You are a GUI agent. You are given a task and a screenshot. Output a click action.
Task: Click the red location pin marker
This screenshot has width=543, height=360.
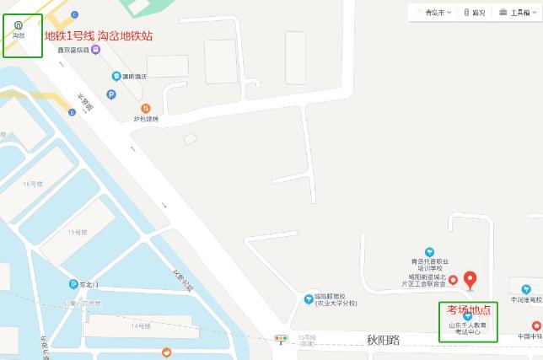470,279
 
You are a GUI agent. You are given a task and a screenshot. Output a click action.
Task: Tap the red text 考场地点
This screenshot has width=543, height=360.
468,309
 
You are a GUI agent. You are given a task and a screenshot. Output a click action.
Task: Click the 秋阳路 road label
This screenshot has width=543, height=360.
383,340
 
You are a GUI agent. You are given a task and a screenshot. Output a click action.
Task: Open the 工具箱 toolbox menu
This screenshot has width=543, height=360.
518,13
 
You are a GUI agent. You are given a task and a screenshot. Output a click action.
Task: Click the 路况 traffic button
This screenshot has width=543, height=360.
475,13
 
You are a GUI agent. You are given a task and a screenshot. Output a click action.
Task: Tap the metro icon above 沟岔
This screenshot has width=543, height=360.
19,24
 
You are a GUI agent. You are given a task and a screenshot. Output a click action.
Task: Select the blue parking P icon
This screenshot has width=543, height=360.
116,77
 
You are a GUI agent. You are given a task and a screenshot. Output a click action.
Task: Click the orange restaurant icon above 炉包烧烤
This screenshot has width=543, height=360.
146,108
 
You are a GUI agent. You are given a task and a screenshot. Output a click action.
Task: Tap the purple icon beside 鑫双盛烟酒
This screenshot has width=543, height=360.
96,50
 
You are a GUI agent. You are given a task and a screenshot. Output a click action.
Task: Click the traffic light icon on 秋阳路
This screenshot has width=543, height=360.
281,340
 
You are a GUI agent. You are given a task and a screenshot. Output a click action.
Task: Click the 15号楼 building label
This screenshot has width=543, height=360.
78,232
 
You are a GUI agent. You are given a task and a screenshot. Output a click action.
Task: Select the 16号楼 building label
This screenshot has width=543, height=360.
32,183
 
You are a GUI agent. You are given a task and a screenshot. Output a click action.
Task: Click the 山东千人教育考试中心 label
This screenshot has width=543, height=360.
468,328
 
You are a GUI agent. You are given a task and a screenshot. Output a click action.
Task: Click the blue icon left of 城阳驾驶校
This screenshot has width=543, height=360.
309,298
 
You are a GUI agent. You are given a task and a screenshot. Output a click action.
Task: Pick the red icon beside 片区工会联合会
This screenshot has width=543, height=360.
453,280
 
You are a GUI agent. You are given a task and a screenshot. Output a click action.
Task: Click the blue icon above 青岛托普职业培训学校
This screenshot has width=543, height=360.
429,251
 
